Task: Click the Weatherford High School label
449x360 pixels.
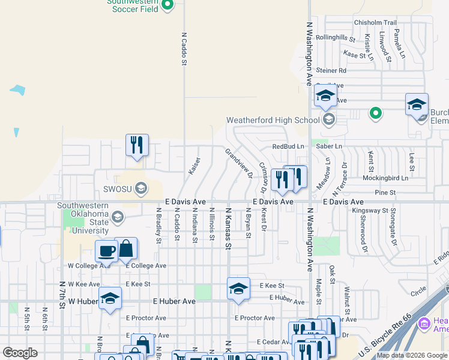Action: (273, 120)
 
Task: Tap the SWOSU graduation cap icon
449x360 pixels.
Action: (141, 190)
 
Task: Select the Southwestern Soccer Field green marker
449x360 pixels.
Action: (168, 6)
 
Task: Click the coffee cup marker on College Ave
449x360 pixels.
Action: (106, 251)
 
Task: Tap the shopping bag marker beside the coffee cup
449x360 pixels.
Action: (126, 248)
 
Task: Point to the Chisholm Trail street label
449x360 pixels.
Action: (376, 22)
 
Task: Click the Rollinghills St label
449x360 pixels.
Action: (345, 37)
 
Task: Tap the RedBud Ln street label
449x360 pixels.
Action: (288, 146)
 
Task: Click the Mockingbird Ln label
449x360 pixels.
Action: (385, 178)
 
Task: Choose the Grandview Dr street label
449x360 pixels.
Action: (239, 163)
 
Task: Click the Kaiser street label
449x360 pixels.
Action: (194, 166)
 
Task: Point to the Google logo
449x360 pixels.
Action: (20, 353)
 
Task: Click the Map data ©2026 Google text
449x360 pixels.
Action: (412, 355)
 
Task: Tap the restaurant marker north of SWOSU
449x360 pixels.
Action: (137, 145)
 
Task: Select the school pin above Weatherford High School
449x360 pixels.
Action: (325, 96)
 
